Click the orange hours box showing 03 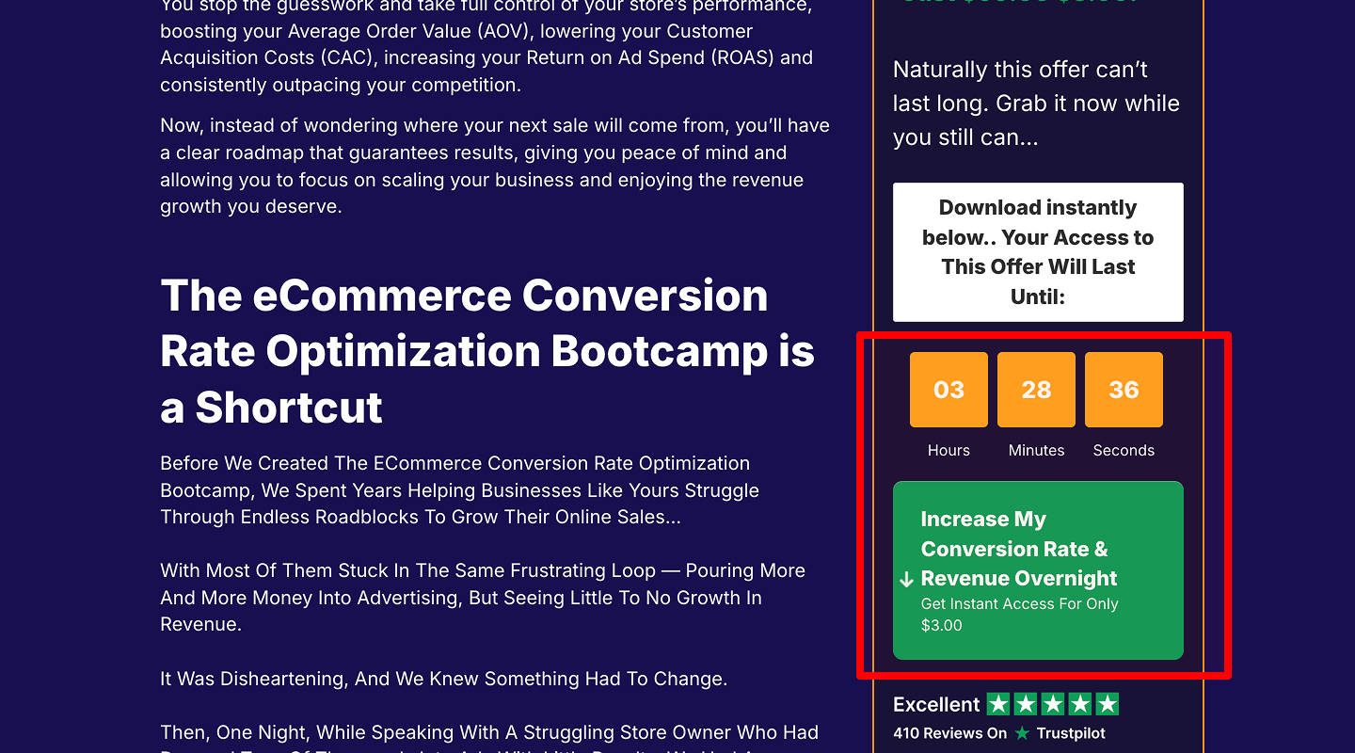click(x=948, y=390)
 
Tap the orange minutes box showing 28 click(x=1036, y=390)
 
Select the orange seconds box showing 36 click(x=1124, y=390)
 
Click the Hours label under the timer click(x=948, y=450)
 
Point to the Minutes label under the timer click(x=1036, y=450)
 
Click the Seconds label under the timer click(x=1124, y=450)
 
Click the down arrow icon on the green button click(x=907, y=579)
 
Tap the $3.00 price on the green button click(x=942, y=625)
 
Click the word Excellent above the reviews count click(x=936, y=704)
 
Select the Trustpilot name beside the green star click(x=1071, y=733)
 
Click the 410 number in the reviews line click(x=908, y=733)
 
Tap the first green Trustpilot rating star click(x=997, y=704)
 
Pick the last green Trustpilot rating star click(x=1108, y=704)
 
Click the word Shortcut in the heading click(x=289, y=408)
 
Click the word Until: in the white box click(x=1038, y=296)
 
